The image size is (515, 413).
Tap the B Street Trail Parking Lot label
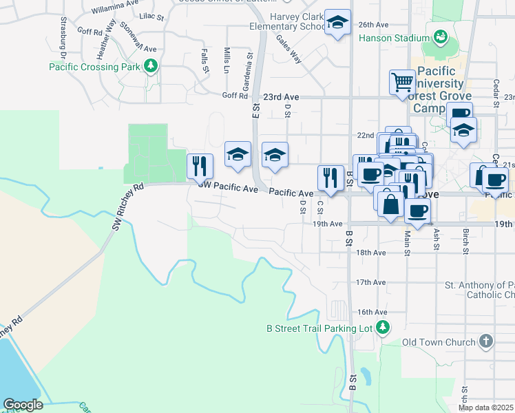[319, 328]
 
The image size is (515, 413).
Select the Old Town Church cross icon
[486, 341]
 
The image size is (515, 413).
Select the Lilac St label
[151, 14]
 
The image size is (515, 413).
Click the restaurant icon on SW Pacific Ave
[200, 166]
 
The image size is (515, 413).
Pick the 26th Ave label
[374, 23]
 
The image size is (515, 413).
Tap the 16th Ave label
[370, 312]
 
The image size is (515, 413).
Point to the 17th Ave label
[370, 282]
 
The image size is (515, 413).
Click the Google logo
[23, 405]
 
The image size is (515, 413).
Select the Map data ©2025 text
[485, 407]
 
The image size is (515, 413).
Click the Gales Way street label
[290, 50]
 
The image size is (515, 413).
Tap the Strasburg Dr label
[63, 37]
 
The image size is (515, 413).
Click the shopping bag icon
[390, 204]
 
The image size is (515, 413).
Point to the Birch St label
[465, 238]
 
